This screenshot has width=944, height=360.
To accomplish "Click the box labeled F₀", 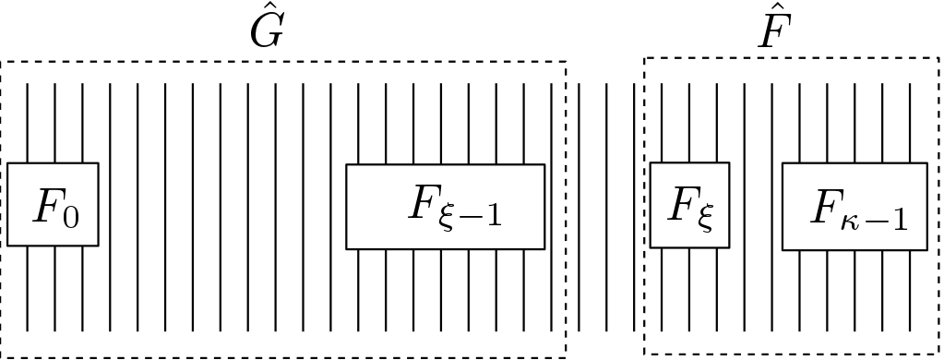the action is (53, 205).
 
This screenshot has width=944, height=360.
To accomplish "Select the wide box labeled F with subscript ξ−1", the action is (445, 207).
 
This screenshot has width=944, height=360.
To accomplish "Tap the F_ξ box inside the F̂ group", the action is (689, 205).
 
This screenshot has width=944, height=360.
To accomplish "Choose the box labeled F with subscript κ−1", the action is (854, 207).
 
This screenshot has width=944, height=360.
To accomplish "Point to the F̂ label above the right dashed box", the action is (772, 30).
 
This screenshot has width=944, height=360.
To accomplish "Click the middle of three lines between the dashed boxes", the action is (606, 207).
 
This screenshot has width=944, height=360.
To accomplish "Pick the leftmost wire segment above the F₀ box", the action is (28, 123).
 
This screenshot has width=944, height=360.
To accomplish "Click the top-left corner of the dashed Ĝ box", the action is (2, 62).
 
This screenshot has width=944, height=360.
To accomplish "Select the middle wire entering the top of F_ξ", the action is (689, 123).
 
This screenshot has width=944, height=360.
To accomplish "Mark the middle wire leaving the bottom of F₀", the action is (55, 288).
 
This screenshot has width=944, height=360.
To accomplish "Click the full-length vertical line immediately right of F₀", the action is (111, 207).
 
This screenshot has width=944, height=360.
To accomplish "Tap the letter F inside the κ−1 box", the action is (824, 207).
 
